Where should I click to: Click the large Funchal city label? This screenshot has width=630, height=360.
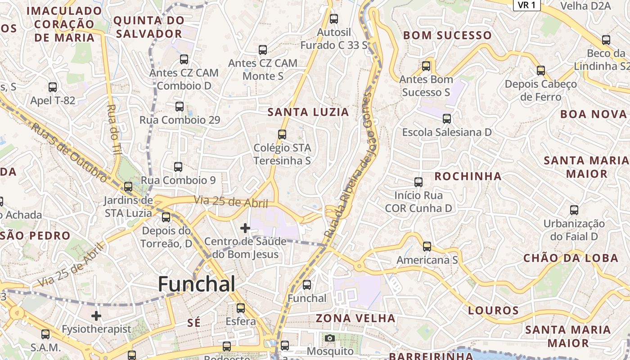pyautogui.click(x=197, y=284)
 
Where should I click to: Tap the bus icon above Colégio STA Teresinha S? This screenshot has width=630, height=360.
pyautogui.click(x=282, y=134)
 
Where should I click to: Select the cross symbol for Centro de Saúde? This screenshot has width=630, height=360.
pyautogui.click(x=245, y=228)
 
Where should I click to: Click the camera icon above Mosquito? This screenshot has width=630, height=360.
pyautogui.click(x=330, y=338)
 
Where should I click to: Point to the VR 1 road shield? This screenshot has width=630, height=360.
pyautogui.click(x=526, y=5)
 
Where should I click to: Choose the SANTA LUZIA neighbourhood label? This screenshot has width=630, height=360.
pyautogui.click(x=308, y=112)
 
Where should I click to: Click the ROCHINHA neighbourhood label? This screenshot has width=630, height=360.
pyautogui.click(x=468, y=176)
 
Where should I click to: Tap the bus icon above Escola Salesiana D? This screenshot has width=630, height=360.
pyautogui.click(x=447, y=119)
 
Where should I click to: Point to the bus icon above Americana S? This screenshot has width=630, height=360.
pyautogui.click(x=427, y=247)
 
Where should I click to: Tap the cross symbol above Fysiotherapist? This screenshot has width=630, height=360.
pyautogui.click(x=96, y=315)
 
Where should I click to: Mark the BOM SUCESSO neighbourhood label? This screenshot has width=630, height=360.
pyautogui.click(x=447, y=35)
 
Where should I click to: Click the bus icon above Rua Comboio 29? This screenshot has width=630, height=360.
pyautogui.click(x=180, y=107)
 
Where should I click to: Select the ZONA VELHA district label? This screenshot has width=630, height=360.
pyautogui.click(x=355, y=318)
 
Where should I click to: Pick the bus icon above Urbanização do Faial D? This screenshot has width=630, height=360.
pyautogui.click(x=574, y=210)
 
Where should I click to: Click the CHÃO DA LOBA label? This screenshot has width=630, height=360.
pyautogui.click(x=571, y=258)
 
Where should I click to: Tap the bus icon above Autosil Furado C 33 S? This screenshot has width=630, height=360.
pyautogui.click(x=334, y=19)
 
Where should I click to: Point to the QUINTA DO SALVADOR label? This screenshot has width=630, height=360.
pyautogui.click(x=148, y=27)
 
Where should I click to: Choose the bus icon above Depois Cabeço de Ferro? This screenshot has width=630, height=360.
pyautogui.click(x=541, y=71)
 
